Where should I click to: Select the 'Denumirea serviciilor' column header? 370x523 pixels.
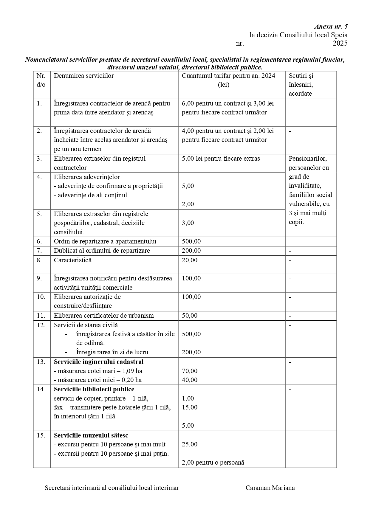[x=84, y=76]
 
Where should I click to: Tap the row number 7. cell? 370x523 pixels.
[x=39, y=251]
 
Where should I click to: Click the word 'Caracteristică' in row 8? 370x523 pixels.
[x=73, y=260]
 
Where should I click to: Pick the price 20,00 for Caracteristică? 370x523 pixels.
[x=190, y=260]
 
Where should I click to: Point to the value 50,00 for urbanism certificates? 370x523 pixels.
[x=190, y=316]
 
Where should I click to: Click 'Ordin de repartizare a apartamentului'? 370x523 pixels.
[x=105, y=241]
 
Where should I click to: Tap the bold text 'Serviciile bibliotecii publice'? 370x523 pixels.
[x=94, y=389]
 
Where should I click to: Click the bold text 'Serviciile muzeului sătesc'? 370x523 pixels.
[x=91, y=435]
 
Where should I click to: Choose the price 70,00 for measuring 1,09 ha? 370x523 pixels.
[x=190, y=371]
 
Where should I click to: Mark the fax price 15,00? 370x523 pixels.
[x=190, y=407]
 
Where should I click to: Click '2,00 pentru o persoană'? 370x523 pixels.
[x=213, y=463]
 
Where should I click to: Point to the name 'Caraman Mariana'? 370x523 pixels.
[x=270, y=488]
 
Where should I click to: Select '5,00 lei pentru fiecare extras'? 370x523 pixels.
[x=221, y=159]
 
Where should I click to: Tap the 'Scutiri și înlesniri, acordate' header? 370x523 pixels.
[x=301, y=85]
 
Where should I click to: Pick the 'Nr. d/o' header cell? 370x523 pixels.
[x=41, y=80]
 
